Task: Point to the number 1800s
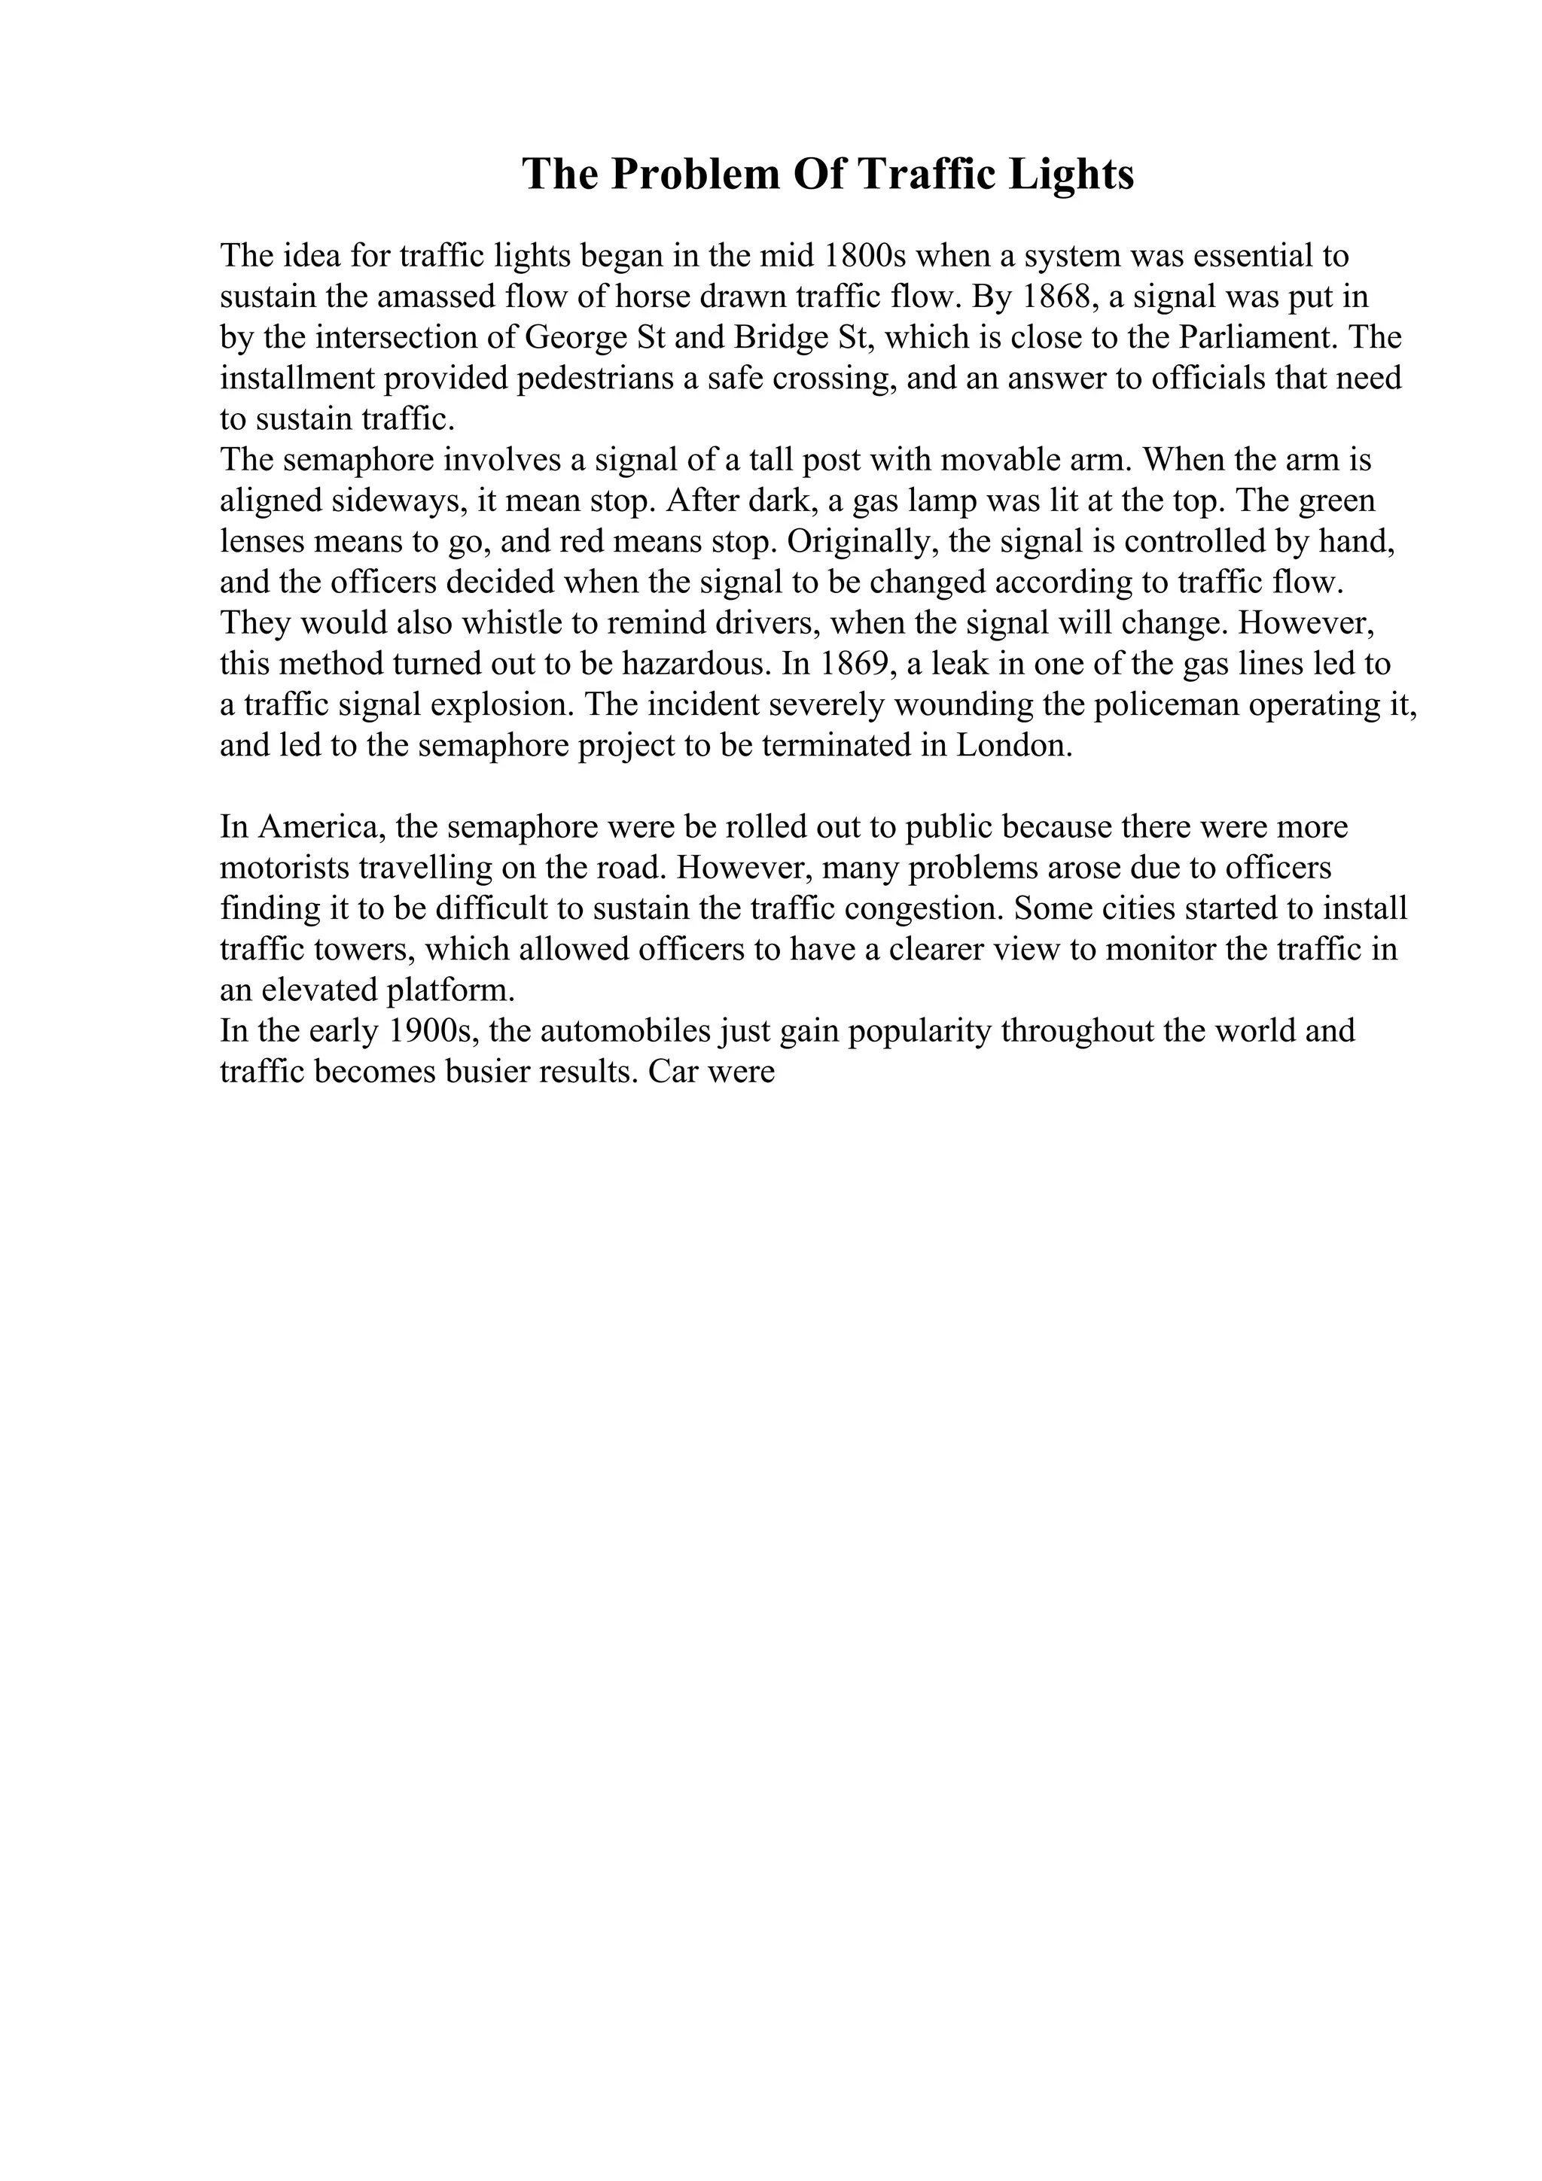click(x=861, y=257)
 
